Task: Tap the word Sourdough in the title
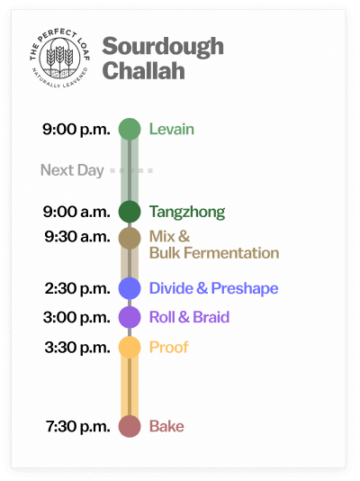point(163,47)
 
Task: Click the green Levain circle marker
point(130,129)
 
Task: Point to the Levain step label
point(171,129)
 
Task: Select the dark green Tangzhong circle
point(130,212)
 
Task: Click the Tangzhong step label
point(186,212)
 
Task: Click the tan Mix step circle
point(130,238)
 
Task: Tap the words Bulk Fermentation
point(213,253)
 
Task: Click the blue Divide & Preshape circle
point(130,288)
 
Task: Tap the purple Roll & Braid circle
point(130,317)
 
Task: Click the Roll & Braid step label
point(189,317)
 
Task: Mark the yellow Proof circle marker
point(130,347)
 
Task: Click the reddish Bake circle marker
point(130,426)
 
